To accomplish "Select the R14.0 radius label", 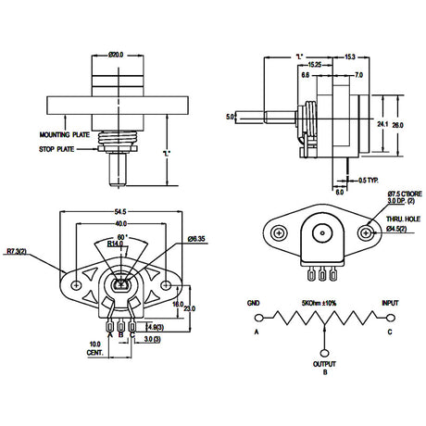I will pyautogui.click(x=115, y=244).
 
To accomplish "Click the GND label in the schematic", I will pyautogui.click(x=253, y=303).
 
